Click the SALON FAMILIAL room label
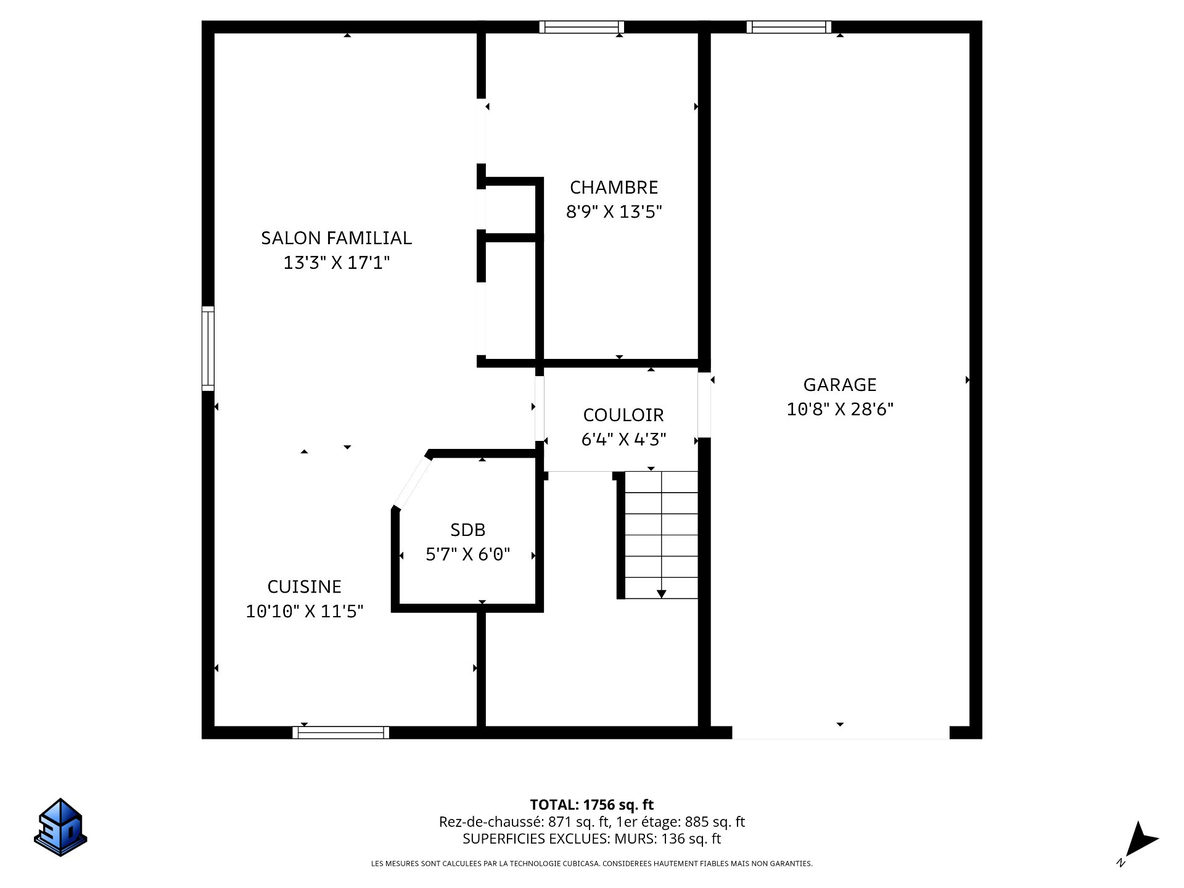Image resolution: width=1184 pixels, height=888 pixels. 336,238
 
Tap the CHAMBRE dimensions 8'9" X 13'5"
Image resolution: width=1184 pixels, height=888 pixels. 614,212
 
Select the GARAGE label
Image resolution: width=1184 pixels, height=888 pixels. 839,385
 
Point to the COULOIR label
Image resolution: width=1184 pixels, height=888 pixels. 623,415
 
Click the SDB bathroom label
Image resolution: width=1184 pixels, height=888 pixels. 467,530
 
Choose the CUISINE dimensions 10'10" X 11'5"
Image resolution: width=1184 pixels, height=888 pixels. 305,611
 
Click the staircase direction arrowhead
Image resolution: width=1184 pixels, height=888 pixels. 661,594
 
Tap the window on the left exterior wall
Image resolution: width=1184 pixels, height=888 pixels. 208,348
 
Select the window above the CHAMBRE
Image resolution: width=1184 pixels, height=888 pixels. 582,27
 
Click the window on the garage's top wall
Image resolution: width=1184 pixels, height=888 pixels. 789,27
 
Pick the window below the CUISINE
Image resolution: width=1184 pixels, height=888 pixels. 340,733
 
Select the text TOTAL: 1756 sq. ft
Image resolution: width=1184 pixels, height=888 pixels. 591,805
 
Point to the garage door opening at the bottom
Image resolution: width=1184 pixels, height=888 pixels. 840,733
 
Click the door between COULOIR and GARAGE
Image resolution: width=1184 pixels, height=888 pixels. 704,405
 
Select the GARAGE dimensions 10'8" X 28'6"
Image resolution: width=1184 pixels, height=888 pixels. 839,409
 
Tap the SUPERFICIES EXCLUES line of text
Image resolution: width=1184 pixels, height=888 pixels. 591,839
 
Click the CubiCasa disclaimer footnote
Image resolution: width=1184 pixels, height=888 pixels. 591,864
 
